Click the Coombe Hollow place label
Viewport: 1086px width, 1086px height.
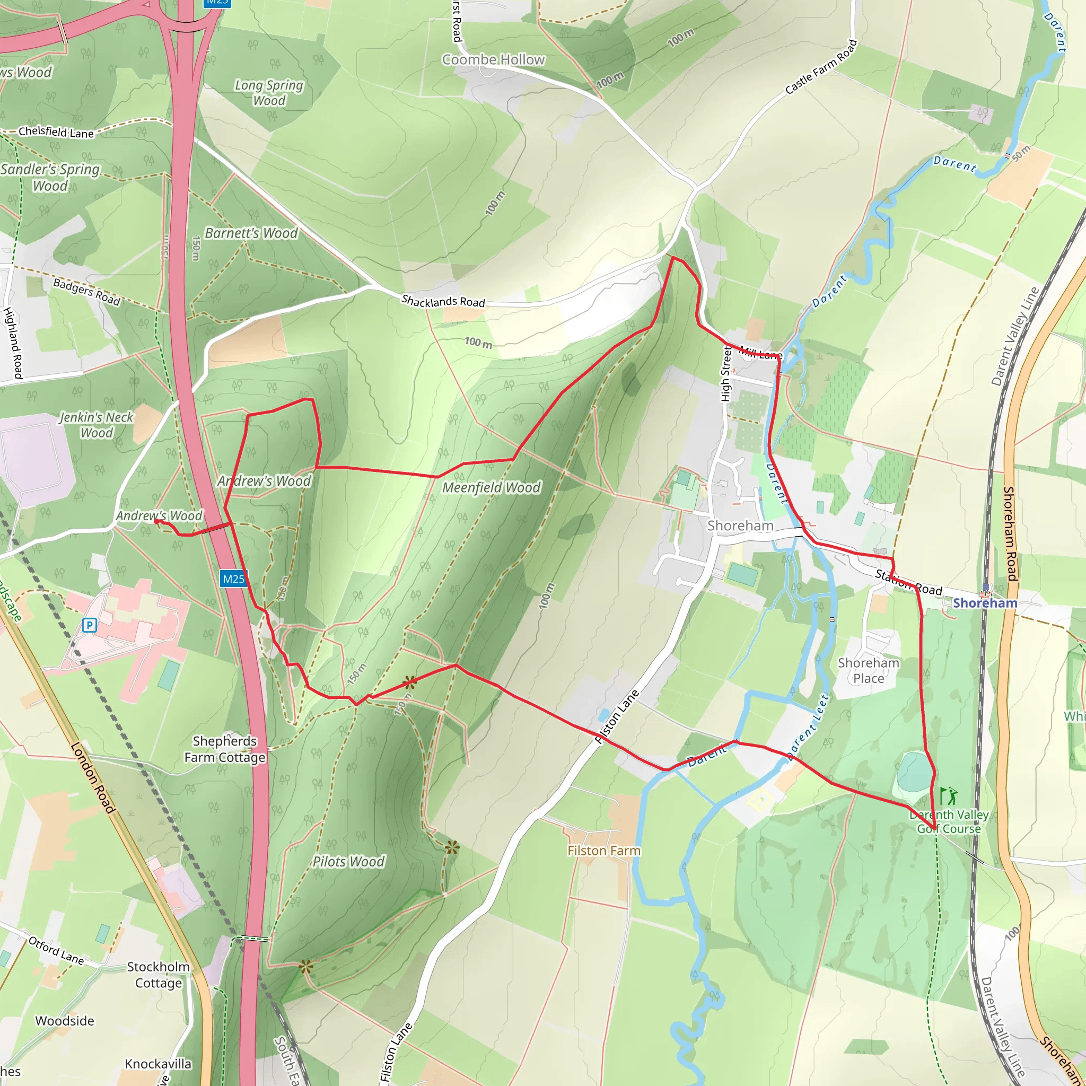click(493, 59)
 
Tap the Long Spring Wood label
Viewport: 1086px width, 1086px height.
click(269, 93)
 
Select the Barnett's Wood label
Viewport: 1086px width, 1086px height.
click(251, 233)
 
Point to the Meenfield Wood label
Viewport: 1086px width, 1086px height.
click(491, 487)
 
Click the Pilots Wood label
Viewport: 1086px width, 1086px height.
click(348, 861)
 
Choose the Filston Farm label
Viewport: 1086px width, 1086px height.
click(603, 851)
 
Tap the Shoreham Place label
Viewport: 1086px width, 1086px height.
click(869, 670)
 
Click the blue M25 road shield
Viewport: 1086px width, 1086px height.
click(233, 579)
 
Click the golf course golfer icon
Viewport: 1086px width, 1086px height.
click(949, 796)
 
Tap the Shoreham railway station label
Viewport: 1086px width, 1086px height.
click(985, 603)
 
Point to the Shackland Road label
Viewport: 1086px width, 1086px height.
click(443, 301)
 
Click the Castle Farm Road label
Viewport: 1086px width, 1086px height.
click(821, 67)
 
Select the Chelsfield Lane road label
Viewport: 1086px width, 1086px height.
click(56, 132)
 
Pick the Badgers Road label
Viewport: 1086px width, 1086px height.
click(86, 292)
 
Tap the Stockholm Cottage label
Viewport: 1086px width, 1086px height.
click(159, 975)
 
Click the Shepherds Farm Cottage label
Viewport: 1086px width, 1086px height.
click(225, 749)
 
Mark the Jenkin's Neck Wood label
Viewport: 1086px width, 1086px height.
click(97, 425)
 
